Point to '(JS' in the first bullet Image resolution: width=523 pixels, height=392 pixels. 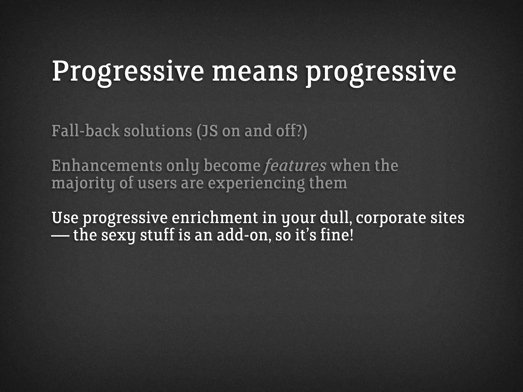[207, 131]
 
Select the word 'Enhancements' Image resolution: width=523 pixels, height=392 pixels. [107, 166]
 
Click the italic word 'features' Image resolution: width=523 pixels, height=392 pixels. [295, 166]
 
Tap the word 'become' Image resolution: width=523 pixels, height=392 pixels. [232, 166]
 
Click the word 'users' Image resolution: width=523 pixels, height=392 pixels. [157, 184]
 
